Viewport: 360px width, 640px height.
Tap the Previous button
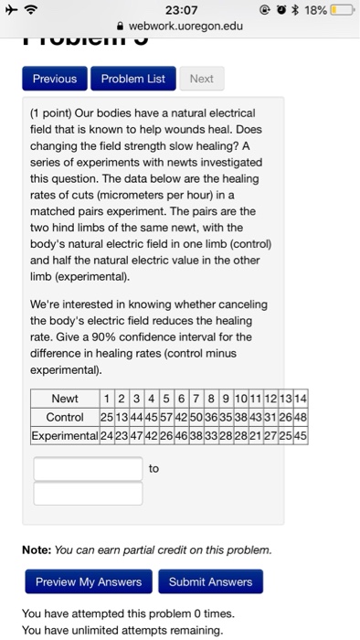pyautogui.click(x=55, y=79)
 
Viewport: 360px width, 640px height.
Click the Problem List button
pyautogui.click(x=132, y=79)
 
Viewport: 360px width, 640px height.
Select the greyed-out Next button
pyautogui.click(x=201, y=79)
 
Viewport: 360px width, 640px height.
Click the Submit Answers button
pyautogui.click(x=210, y=581)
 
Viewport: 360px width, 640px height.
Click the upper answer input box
pyautogui.click(x=88, y=469)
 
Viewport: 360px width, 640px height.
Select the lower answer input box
pyautogui.click(x=88, y=494)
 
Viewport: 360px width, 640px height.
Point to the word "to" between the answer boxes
pyautogui.click(x=154, y=468)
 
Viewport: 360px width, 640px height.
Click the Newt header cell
pyautogui.click(x=65, y=400)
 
